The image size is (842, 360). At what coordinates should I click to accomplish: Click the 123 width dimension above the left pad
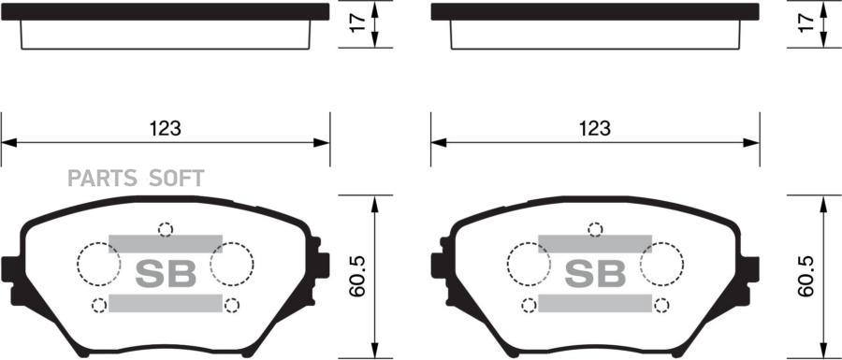tap(166, 128)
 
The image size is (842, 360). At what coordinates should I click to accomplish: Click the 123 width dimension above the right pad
tap(595, 128)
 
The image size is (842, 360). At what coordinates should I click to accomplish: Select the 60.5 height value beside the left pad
tap(357, 276)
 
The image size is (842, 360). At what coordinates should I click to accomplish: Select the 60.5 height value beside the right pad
tap(806, 276)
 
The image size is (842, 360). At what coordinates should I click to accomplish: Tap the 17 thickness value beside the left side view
tap(357, 23)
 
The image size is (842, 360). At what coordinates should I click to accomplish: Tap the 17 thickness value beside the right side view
tap(806, 23)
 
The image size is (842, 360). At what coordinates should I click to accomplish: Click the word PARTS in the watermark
tap(101, 178)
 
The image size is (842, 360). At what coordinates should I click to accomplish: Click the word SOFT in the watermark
tap(176, 178)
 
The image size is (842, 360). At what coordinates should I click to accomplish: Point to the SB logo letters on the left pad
tap(166, 274)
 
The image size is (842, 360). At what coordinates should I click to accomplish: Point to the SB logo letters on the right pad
tap(595, 274)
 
